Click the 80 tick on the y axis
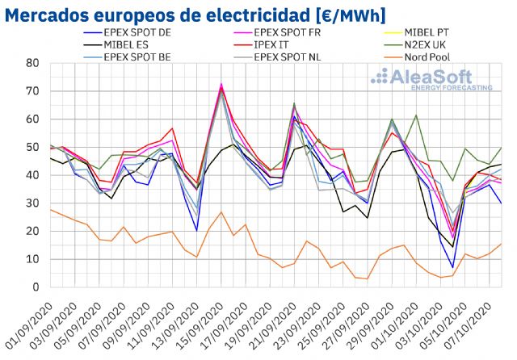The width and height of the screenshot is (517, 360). coord(32,63)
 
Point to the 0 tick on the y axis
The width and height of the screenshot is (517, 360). coord(36,287)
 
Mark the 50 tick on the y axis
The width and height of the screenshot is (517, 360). coord(32,147)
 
